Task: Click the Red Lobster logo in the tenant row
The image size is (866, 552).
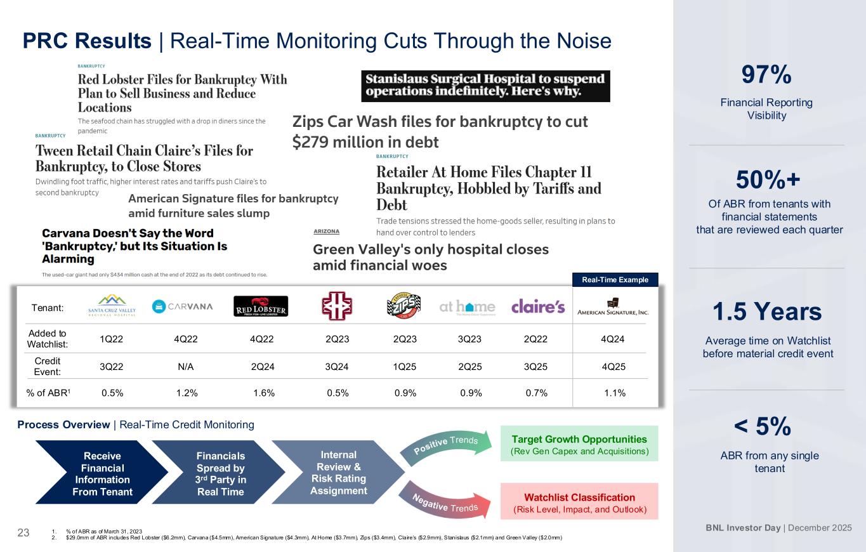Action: pos(261,306)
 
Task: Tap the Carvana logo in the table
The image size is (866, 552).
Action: pos(182,306)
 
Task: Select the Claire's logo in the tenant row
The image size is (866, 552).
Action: pos(538,306)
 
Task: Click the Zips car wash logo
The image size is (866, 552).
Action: pos(403,306)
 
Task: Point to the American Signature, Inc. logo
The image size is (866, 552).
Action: pos(613,306)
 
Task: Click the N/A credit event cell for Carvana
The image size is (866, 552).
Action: pos(185,367)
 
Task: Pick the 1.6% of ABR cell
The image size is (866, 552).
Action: pos(264,393)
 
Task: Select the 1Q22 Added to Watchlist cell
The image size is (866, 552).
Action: pos(112,339)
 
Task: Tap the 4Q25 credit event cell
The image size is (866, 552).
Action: pos(613,367)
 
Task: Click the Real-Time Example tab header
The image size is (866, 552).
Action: pos(615,279)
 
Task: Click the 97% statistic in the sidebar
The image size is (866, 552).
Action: pos(766,74)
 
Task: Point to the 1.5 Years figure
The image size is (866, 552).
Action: pos(767,312)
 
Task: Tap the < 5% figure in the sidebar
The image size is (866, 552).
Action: pos(763,426)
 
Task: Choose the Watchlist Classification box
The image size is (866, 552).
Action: pos(579,501)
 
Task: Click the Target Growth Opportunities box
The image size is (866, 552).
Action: pos(579,444)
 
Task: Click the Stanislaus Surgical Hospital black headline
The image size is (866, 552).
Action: pos(485,86)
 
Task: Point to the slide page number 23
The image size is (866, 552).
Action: pos(23,533)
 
